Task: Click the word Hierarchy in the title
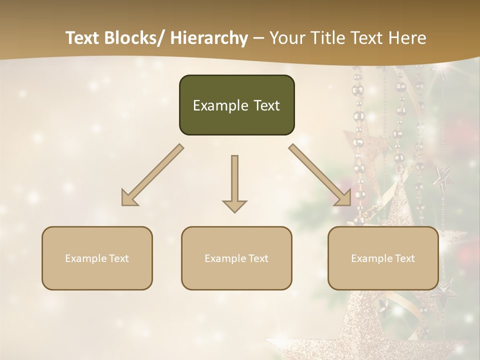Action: click(209, 38)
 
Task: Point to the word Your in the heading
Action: click(286, 38)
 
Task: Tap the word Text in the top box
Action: click(265, 105)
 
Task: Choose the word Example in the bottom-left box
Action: click(86, 258)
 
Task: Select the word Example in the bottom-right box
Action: click(372, 258)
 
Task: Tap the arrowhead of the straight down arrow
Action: click(234, 205)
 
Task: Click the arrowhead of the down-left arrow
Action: click(128, 199)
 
